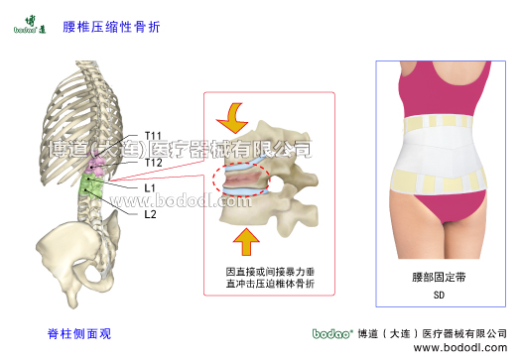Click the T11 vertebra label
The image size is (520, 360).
[154, 135]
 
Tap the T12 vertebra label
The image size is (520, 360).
[154, 162]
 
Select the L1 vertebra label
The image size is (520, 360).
[150, 186]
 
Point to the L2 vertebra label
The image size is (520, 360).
[150, 213]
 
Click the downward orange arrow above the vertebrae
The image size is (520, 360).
[236, 116]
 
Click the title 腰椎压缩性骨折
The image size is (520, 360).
[96, 27]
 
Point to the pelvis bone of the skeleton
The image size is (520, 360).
[79, 248]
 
